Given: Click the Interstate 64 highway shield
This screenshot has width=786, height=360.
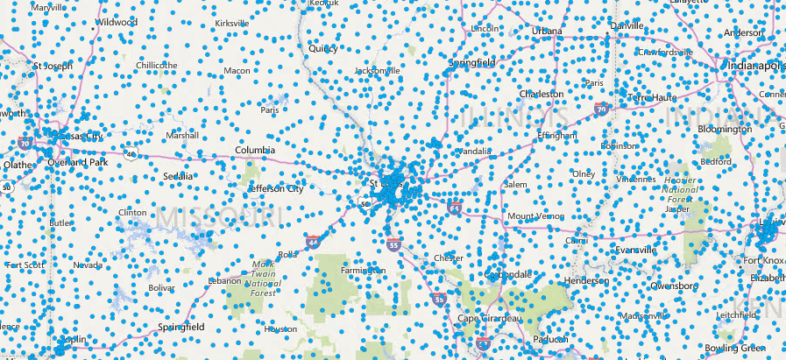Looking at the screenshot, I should (453, 208).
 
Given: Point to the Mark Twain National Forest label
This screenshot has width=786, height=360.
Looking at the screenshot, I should (263, 275).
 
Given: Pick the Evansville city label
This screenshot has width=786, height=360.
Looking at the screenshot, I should (636, 250).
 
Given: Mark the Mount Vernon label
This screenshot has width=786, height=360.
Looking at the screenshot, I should (533, 216).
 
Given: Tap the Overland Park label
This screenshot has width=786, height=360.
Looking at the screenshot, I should (78, 162).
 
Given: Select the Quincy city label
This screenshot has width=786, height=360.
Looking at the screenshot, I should (323, 49).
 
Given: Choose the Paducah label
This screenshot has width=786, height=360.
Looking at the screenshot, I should (550, 339).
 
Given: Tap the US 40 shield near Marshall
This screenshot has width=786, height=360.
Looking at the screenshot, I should (130, 155).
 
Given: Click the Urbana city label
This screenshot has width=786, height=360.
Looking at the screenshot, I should (547, 31).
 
